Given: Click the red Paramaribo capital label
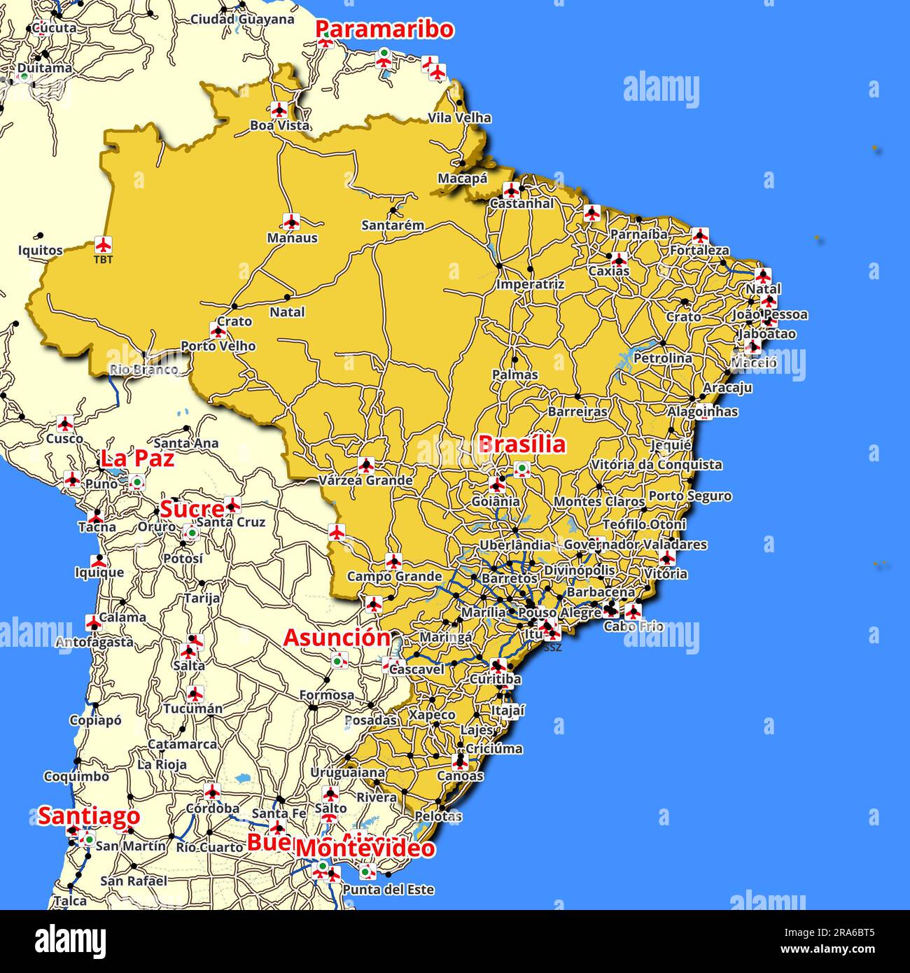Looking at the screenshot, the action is point(384,29).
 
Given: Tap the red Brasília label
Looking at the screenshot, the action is point(521,444).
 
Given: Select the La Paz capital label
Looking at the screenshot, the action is point(137,458).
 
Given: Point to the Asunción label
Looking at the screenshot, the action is point(337,638).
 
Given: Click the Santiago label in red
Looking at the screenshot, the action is point(89,815).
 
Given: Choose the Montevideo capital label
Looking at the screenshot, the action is point(365,848).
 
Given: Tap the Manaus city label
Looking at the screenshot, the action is point(293,238).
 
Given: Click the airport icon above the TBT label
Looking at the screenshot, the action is point(104,245).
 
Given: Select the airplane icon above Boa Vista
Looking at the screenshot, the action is point(279,109).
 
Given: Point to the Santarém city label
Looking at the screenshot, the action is point(393,225).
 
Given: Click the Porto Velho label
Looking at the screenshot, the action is point(218,346).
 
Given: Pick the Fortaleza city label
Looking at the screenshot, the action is point(699,250).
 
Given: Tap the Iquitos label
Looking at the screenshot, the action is point(40,250).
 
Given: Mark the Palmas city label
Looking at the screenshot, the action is point(515,375).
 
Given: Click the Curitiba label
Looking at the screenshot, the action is point(496,679).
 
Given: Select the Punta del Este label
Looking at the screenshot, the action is point(388,890).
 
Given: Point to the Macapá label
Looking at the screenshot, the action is point(463,178).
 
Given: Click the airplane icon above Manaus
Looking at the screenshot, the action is point(291,221).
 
